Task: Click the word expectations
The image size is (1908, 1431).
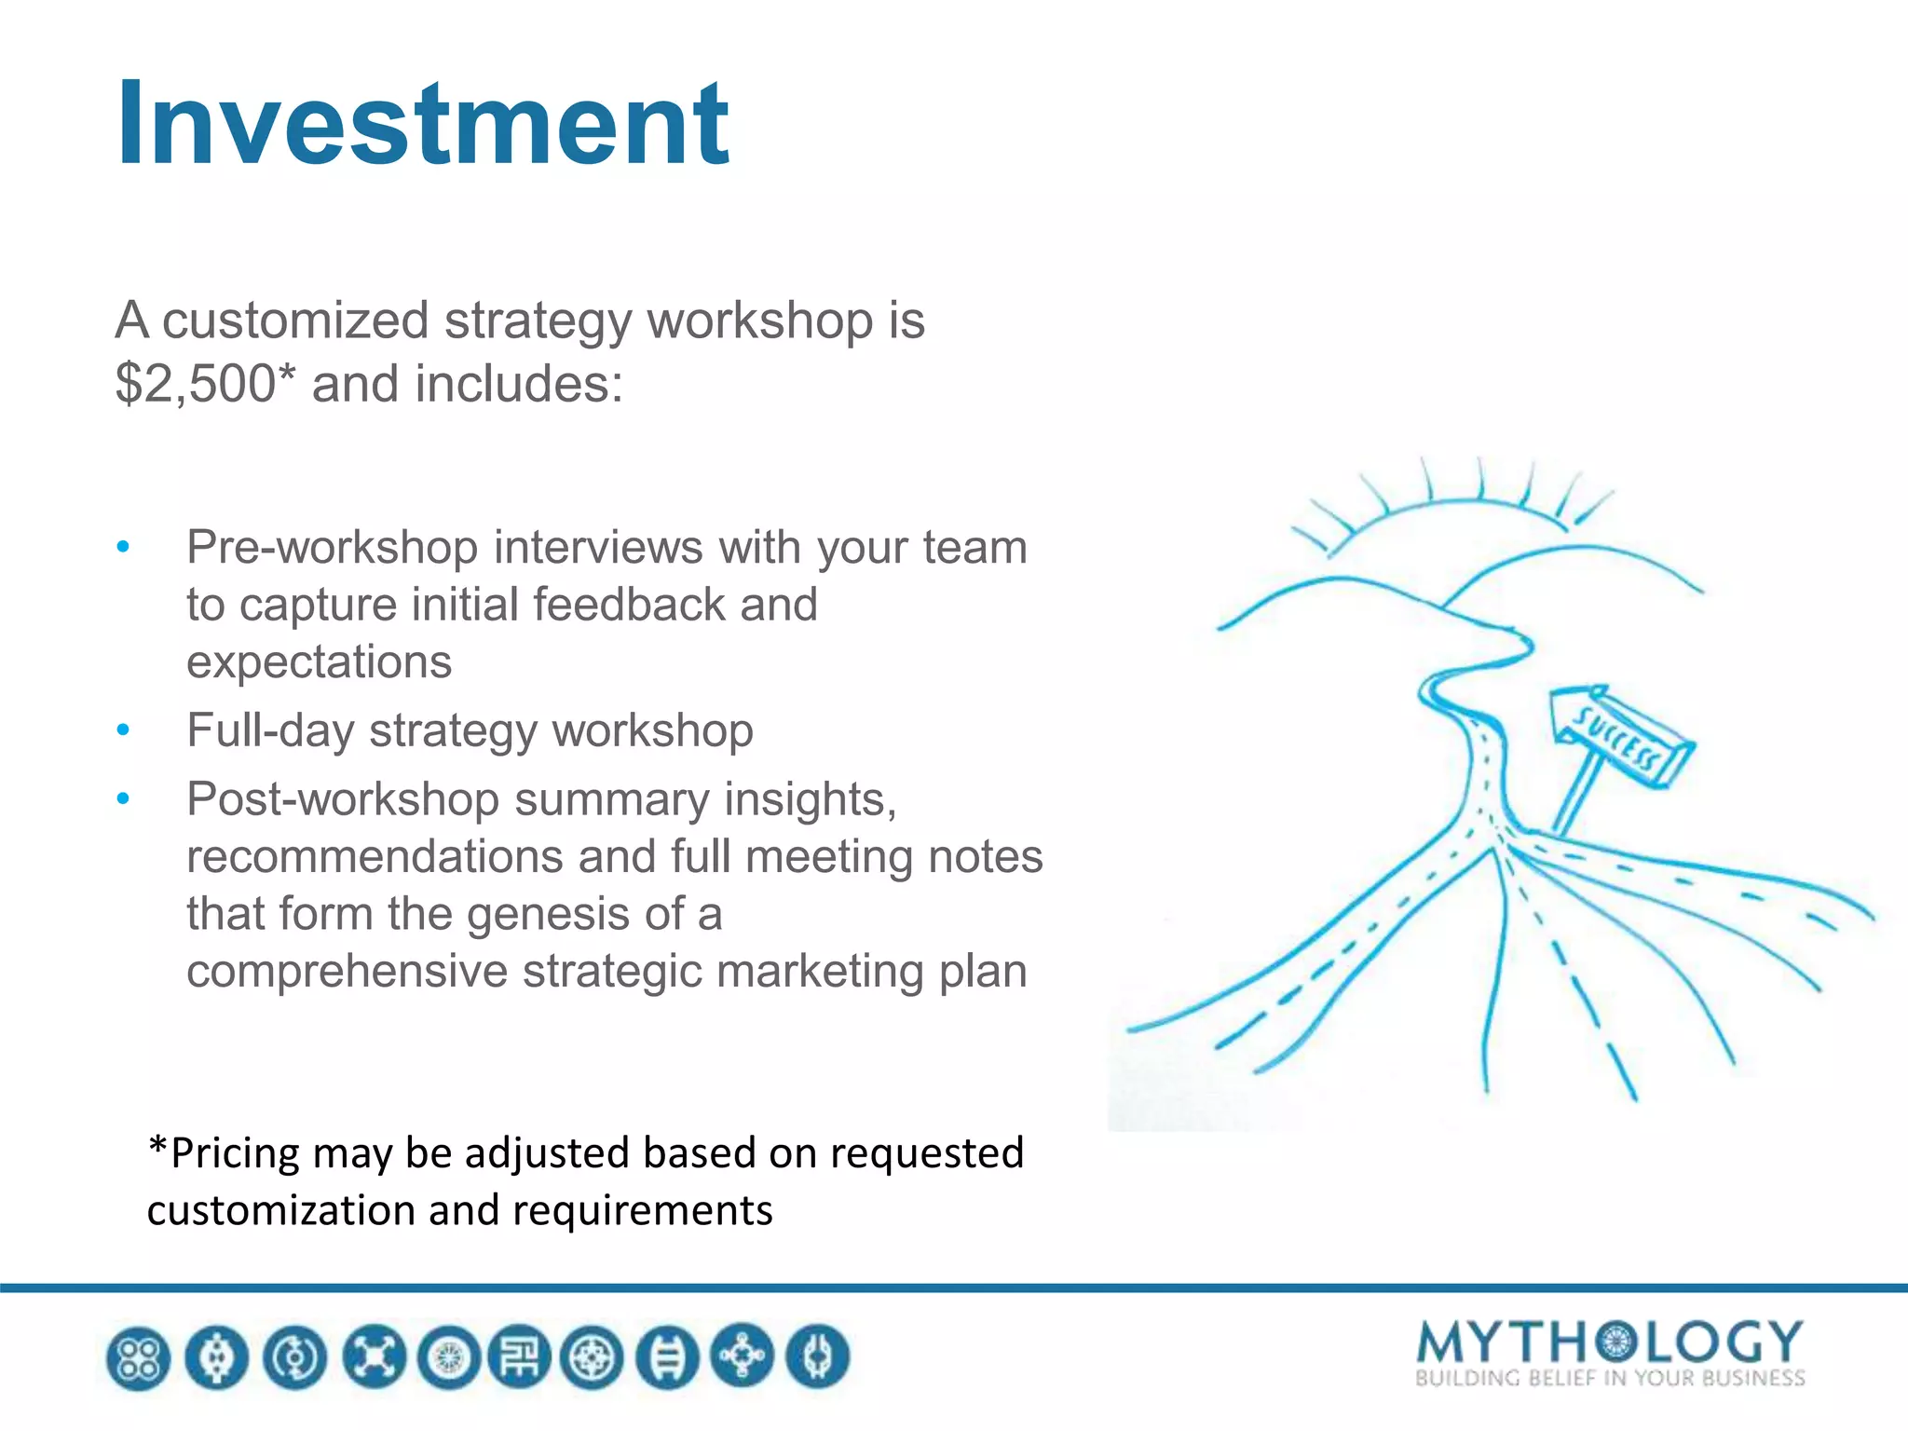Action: coord(319,662)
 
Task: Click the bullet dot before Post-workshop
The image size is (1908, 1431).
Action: coord(123,799)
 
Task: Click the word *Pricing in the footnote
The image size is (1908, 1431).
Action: coord(224,1153)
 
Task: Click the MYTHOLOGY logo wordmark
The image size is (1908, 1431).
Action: coord(1609,1343)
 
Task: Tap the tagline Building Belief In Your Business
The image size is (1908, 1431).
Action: coord(1609,1378)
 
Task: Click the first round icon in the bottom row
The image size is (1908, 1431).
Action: coord(139,1357)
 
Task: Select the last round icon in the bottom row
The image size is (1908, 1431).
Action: coord(817,1357)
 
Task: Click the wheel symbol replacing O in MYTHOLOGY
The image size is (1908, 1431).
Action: coord(1618,1342)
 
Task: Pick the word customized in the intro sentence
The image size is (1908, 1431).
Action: coord(295,321)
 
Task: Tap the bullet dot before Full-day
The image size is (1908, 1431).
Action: coord(123,730)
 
